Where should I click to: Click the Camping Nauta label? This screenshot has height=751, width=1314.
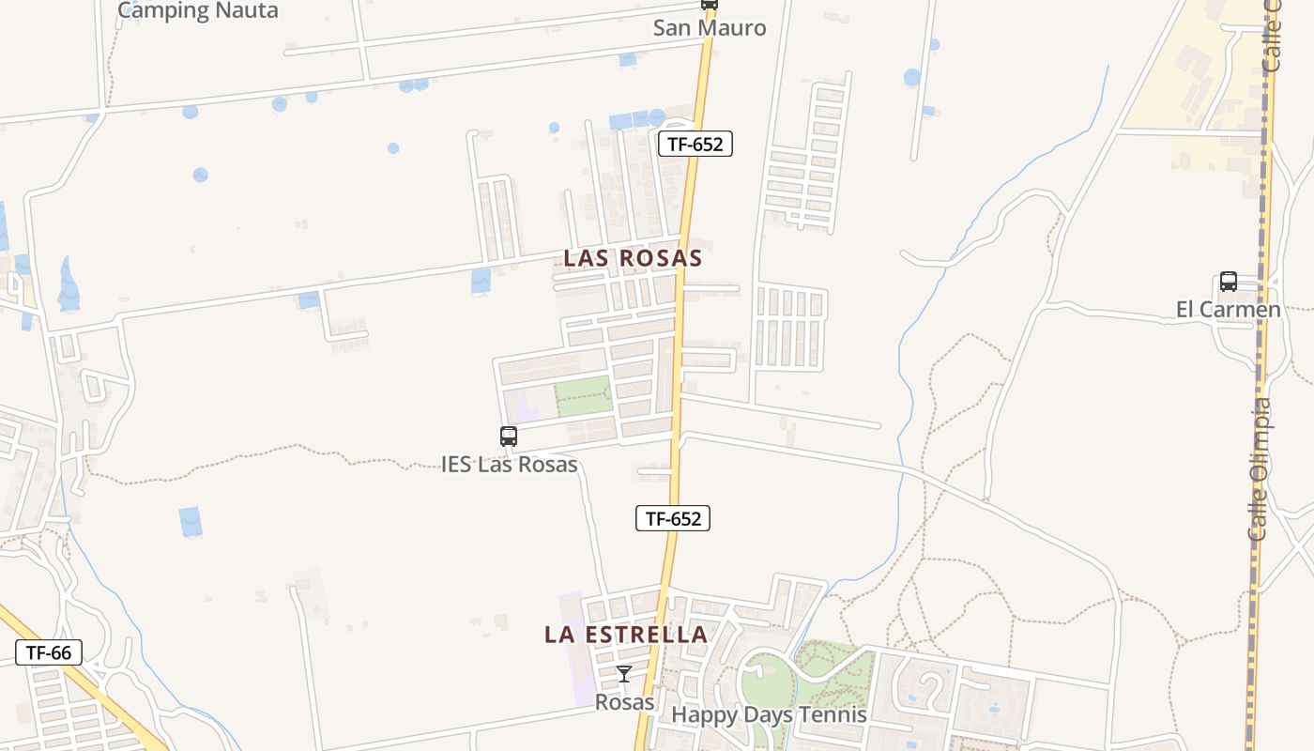click(198, 10)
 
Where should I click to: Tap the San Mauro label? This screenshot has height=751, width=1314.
click(710, 28)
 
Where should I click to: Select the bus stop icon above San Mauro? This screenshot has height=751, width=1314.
click(710, 4)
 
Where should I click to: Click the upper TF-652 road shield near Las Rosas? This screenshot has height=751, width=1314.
click(695, 144)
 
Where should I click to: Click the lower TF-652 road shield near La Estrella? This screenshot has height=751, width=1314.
click(673, 517)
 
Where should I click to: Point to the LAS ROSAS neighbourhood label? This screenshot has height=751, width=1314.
click(633, 258)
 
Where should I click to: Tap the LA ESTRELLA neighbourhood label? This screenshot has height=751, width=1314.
click(626, 635)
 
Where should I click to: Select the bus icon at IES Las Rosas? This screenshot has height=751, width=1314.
click(509, 437)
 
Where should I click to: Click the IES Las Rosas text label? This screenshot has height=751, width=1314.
click(509, 464)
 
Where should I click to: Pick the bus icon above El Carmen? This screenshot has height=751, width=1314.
click(1229, 282)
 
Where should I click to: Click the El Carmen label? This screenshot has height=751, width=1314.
click(1228, 310)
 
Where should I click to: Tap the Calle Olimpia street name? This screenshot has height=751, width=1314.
click(1260, 469)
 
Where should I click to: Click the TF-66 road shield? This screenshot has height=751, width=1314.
click(49, 652)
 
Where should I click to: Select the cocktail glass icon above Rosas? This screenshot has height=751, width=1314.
click(623, 674)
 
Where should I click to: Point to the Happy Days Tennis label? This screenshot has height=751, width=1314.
click(769, 714)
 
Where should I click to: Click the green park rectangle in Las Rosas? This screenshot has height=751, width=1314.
click(583, 397)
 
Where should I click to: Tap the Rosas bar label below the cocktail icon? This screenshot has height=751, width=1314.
click(624, 701)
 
